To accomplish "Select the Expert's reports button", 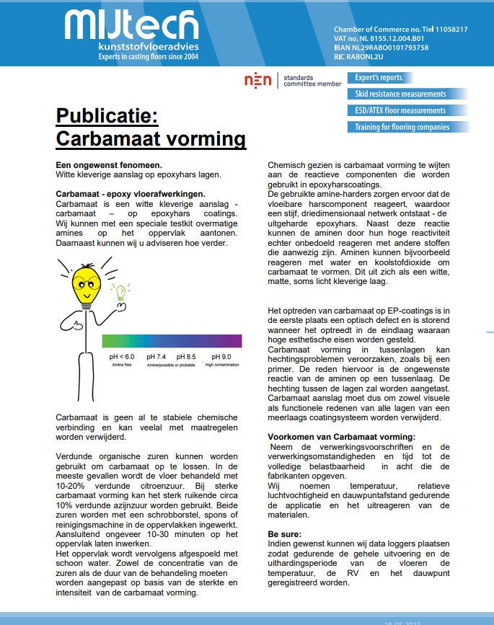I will point(379,77).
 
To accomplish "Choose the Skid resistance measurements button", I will point(401,94).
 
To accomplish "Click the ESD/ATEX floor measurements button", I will point(401,110).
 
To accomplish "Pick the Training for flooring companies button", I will point(402,127).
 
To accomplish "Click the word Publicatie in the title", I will point(111,116).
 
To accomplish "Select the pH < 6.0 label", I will point(122,357).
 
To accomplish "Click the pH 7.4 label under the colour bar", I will point(156,357).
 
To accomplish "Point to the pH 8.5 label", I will point(186,357).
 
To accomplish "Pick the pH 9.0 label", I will point(221,357).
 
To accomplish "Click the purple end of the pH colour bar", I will point(234,341).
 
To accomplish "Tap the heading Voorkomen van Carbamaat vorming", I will point(341,437).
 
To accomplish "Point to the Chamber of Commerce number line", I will point(401,30).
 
